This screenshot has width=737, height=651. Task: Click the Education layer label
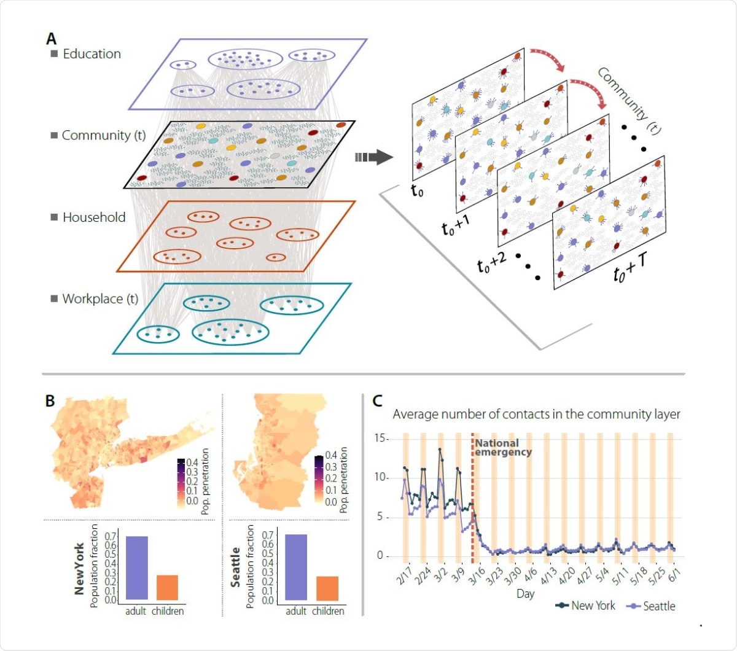click(x=92, y=54)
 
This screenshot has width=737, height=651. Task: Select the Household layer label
click(x=93, y=217)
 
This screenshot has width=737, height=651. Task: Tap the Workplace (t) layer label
click(x=100, y=299)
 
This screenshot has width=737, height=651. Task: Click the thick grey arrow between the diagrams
click(x=374, y=157)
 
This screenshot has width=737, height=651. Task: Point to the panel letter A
click(x=52, y=39)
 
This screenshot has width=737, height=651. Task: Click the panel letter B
click(x=50, y=402)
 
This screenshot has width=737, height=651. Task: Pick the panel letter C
click(x=378, y=402)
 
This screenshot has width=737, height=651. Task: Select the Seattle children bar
click(x=327, y=588)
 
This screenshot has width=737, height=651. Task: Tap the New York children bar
click(x=167, y=587)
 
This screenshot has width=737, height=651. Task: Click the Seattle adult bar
click(x=296, y=567)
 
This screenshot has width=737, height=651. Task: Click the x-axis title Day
click(x=525, y=594)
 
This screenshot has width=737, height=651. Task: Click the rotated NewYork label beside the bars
click(x=79, y=568)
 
